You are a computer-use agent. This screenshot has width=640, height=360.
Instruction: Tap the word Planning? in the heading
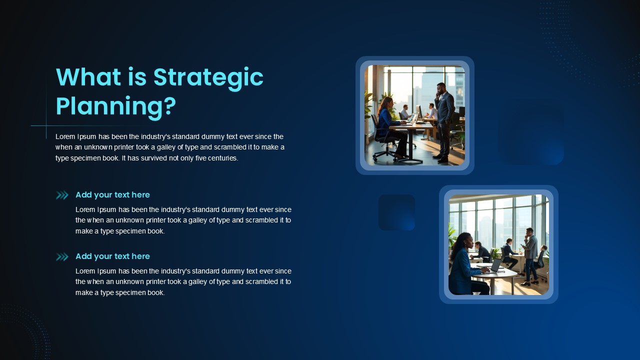(115, 107)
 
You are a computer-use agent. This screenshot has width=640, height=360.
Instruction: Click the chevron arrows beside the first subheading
(62, 195)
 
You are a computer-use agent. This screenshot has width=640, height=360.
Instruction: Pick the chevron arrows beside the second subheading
(62, 257)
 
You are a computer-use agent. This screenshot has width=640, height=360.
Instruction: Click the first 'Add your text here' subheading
(112, 195)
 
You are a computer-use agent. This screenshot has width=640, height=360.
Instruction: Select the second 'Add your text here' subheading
(112, 256)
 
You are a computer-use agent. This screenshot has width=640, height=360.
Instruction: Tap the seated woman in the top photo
(391, 125)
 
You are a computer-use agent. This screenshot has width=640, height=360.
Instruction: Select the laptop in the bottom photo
(494, 265)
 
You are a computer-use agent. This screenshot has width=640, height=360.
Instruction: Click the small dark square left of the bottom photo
(396, 212)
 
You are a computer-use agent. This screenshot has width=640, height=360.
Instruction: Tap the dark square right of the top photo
(531, 132)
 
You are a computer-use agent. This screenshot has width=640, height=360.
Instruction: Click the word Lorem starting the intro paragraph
(65, 136)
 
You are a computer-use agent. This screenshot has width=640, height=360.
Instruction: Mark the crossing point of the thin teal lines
(46, 125)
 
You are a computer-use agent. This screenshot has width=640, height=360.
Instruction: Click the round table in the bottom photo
(497, 274)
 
